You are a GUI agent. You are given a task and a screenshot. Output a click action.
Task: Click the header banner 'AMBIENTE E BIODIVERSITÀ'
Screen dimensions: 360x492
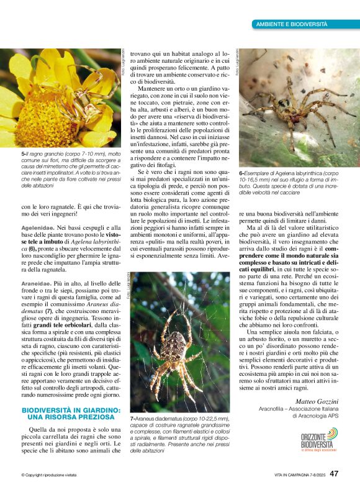291,24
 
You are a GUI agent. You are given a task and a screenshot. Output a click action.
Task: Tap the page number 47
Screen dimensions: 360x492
333,473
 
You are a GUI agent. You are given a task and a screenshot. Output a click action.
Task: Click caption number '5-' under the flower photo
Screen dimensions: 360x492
24,152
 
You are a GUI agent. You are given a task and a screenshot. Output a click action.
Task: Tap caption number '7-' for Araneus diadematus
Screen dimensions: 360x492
132,419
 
